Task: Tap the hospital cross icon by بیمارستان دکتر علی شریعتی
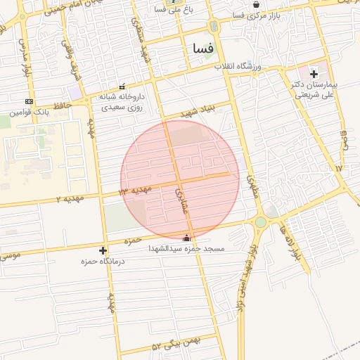[x=314, y=72]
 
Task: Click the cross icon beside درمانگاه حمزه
[x=103, y=250]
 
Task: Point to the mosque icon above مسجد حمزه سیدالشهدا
[x=186, y=238]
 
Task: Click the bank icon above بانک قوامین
[x=29, y=101]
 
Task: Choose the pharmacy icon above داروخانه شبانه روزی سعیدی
[x=123, y=86]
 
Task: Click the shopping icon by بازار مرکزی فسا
[x=256, y=4]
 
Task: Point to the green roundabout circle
[x=261, y=222]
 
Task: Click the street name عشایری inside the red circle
[x=179, y=200]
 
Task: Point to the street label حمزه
[x=133, y=241]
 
